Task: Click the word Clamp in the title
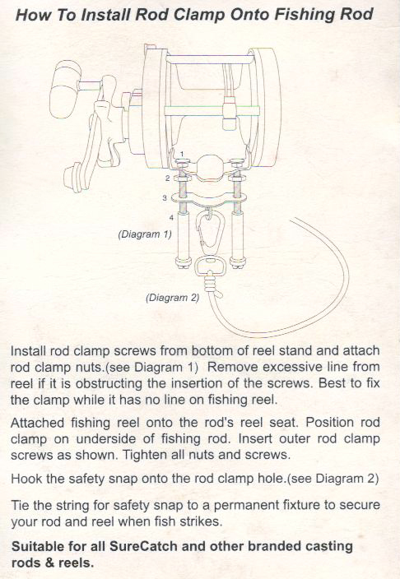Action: click(x=199, y=15)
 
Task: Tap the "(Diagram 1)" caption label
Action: click(x=145, y=234)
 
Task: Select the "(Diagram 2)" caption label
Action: click(x=173, y=297)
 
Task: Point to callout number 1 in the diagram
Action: click(x=182, y=153)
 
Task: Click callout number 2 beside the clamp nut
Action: click(x=167, y=178)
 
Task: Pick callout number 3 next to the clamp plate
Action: click(x=165, y=198)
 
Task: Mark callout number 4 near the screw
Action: click(x=171, y=218)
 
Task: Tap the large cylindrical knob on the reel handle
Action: click(x=67, y=90)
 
